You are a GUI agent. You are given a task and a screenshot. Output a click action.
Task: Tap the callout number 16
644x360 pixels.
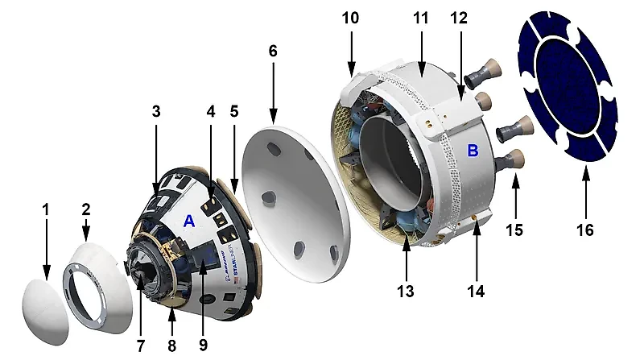click(x=584, y=230)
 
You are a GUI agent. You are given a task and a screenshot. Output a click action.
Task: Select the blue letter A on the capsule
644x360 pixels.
click(x=190, y=220)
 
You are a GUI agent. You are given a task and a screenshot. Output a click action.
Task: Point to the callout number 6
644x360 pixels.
click(x=272, y=51)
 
